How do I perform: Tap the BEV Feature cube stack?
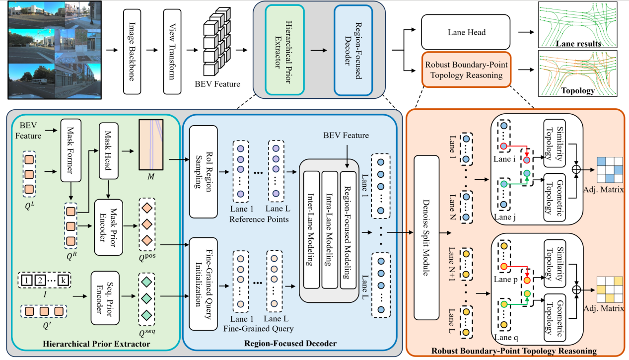click(x=217, y=48)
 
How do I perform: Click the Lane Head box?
click(x=466, y=32)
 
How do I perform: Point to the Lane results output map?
click(x=577, y=25)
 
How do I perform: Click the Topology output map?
click(x=577, y=73)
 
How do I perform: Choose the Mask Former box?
click(x=70, y=150)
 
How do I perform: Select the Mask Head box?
click(x=108, y=150)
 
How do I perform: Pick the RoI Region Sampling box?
click(x=204, y=172)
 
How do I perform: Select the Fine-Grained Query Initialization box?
click(x=204, y=276)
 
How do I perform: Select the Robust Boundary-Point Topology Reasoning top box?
click(x=466, y=70)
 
